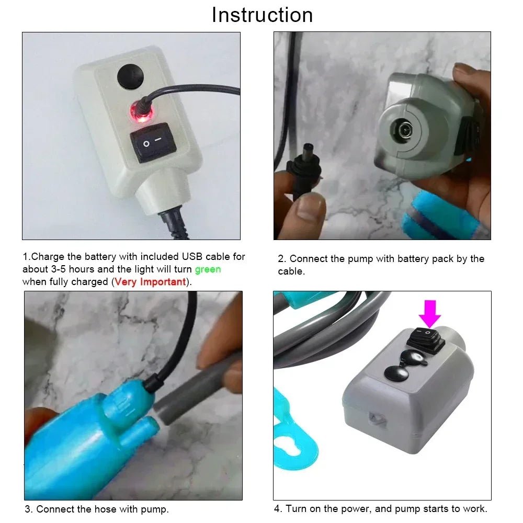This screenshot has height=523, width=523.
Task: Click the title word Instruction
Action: [x=262, y=15]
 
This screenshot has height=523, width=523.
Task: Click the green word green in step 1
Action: [x=208, y=269]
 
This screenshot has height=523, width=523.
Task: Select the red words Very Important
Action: [x=150, y=282]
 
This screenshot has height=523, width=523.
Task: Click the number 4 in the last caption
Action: [x=277, y=508]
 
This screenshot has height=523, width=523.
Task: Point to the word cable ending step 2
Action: [x=291, y=271]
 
